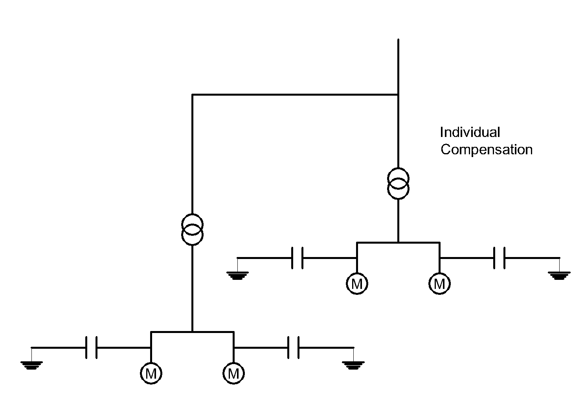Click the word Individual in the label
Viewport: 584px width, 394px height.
(x=470, y=132)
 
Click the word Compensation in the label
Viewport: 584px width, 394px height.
(x=487, y=150)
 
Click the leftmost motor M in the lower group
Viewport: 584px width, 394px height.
(x=151, y=374)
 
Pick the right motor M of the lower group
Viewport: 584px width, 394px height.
(x=233, y=374)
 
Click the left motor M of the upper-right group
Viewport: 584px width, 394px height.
(x=357, y=283)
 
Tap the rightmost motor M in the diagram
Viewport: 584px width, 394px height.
(x=439, y=283)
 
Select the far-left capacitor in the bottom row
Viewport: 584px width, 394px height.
(x=91, y=348)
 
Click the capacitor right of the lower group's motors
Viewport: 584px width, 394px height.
(x=293, y=348)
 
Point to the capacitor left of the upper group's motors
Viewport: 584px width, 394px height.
(x=297, y=258)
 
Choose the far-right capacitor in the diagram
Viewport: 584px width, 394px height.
(x=499, y=258)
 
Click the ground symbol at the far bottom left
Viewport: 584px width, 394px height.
(x=31, y=365)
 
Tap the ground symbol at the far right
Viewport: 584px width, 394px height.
(x=559, y=276)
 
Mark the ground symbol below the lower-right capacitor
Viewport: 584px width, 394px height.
(x=353, y=365)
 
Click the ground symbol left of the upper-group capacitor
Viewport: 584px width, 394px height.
(x=237, y=276)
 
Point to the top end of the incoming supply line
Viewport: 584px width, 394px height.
(x=398, y=39)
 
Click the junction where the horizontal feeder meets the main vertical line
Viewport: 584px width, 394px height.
(x=398, y=94)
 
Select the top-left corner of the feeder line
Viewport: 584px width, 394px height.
(x=193, y=94)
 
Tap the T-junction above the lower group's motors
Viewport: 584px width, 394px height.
(x=192, y=332)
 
